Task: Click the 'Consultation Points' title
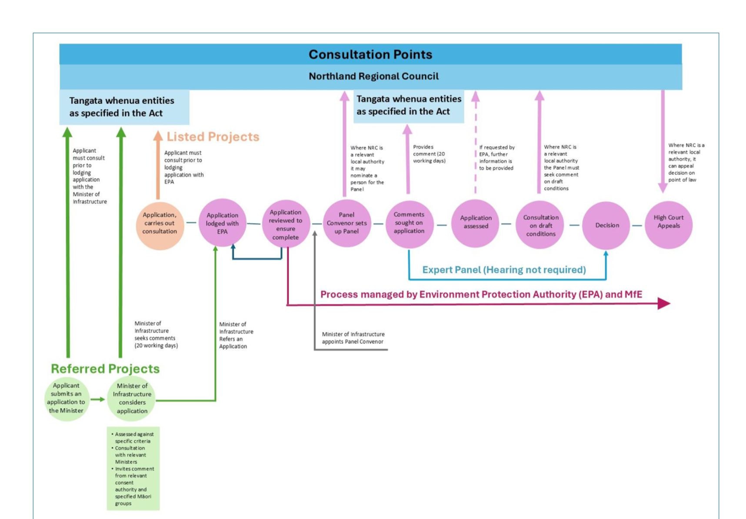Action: point(370,54)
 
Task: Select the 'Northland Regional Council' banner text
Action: point(373,77)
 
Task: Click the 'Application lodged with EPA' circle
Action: point(222,223)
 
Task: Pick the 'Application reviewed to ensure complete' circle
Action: point(286,224)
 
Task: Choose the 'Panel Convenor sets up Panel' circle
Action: point(346,223)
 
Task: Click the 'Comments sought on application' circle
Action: point(409,223)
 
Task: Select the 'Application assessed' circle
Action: point(476,223)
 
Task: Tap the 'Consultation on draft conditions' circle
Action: point(540,225)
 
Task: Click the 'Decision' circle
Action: point(606,225)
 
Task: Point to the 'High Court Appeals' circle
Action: point(668,224)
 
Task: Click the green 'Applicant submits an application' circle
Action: point(67,399)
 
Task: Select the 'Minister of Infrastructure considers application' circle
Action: point(132,399)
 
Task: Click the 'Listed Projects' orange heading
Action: point(213,136)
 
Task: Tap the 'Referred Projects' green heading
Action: point(105,369)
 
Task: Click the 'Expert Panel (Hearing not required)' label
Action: point(504,270)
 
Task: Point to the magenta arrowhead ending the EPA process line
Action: point(663,303)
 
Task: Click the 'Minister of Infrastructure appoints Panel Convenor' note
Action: point(353,338)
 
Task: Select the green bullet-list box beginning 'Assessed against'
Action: point(133,468)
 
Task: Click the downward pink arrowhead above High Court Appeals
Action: point(663,188)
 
